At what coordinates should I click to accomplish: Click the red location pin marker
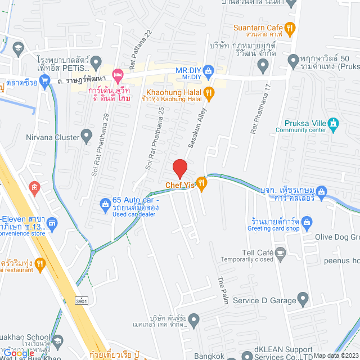(x=179, y=168)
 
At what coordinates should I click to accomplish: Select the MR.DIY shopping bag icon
(x=209, y=71)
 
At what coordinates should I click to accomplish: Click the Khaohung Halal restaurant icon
(x=209, y=93)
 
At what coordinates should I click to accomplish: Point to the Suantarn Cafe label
(x=259, y=27)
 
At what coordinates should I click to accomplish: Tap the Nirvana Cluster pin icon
(x=86, y=135)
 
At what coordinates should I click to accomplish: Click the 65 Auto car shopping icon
(x=105, y=204)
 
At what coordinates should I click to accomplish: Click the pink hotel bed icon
(x=117, y=74)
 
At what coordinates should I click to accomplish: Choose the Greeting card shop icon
(x=307, y=220)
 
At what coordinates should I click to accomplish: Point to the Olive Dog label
(x=339, y=237)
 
